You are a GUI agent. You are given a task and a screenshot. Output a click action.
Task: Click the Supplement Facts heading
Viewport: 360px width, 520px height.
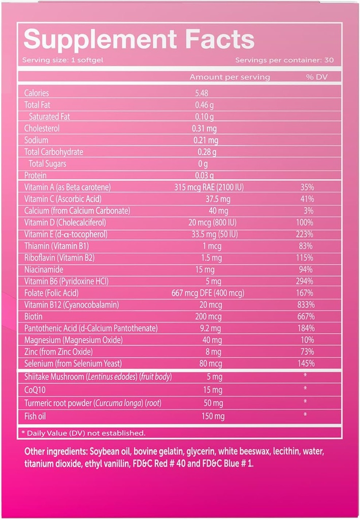pos(139,39)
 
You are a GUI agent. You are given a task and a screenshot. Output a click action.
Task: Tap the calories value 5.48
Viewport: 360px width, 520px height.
pos(202,93)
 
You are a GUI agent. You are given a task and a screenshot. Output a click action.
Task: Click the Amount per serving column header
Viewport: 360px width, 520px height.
pos(230,77)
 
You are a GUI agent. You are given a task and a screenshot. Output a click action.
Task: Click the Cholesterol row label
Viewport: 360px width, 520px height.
pos(42,128)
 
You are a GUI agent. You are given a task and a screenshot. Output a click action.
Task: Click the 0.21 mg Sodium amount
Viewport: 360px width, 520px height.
pos(207,140)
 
